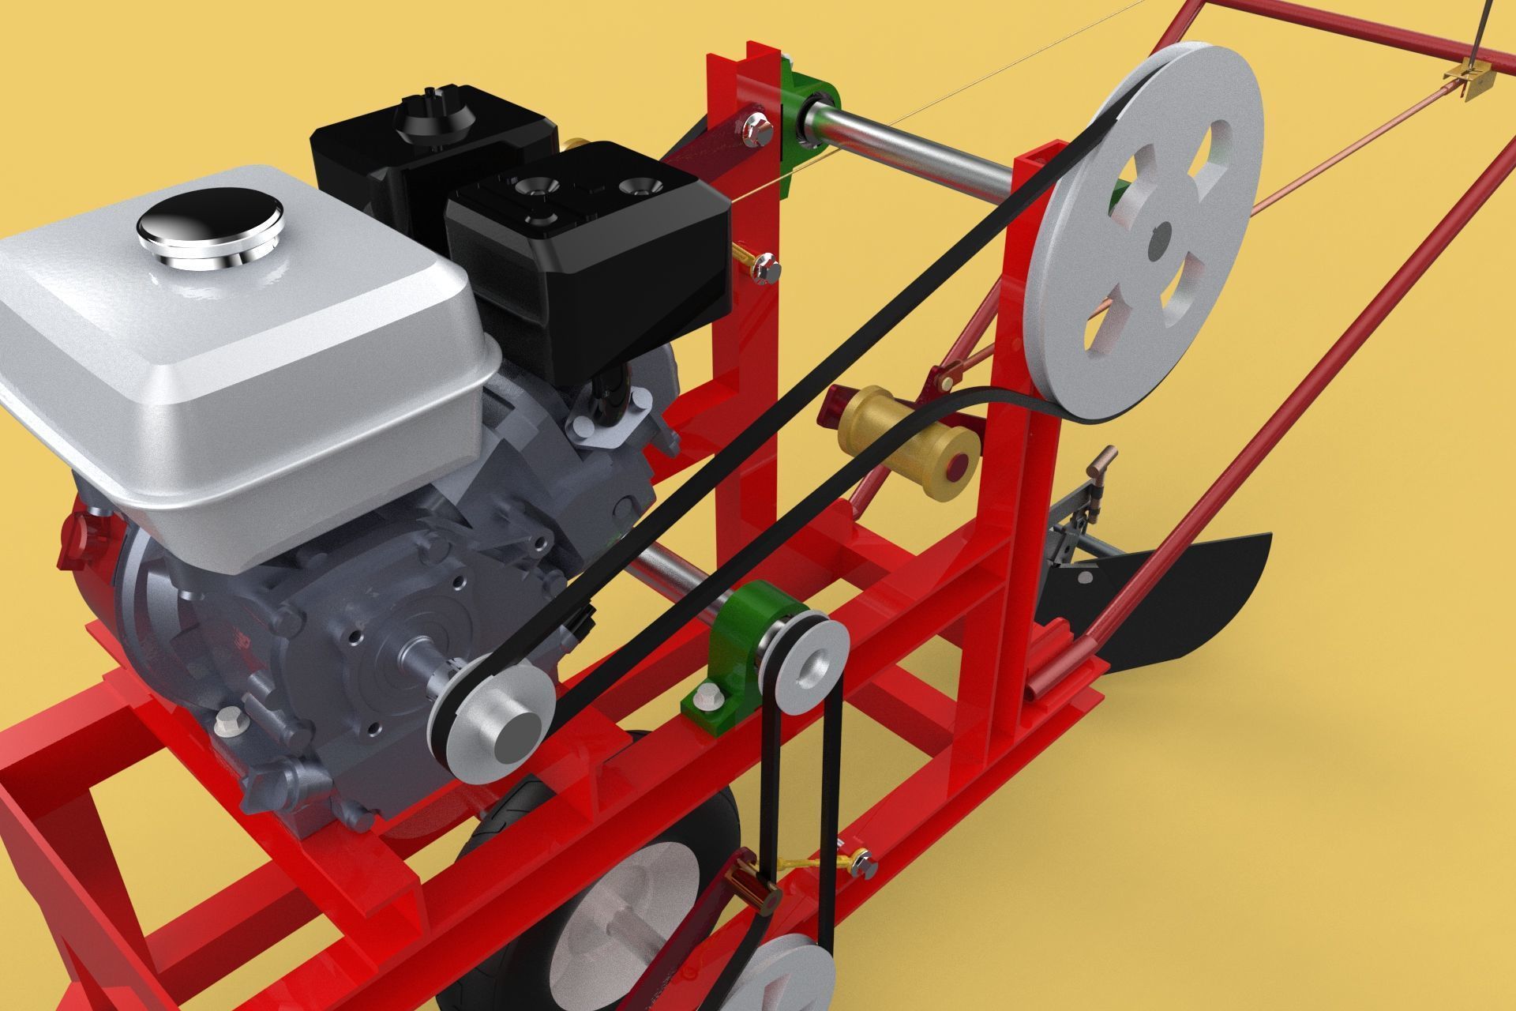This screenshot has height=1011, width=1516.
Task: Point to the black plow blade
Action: (x=1184, y=600)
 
